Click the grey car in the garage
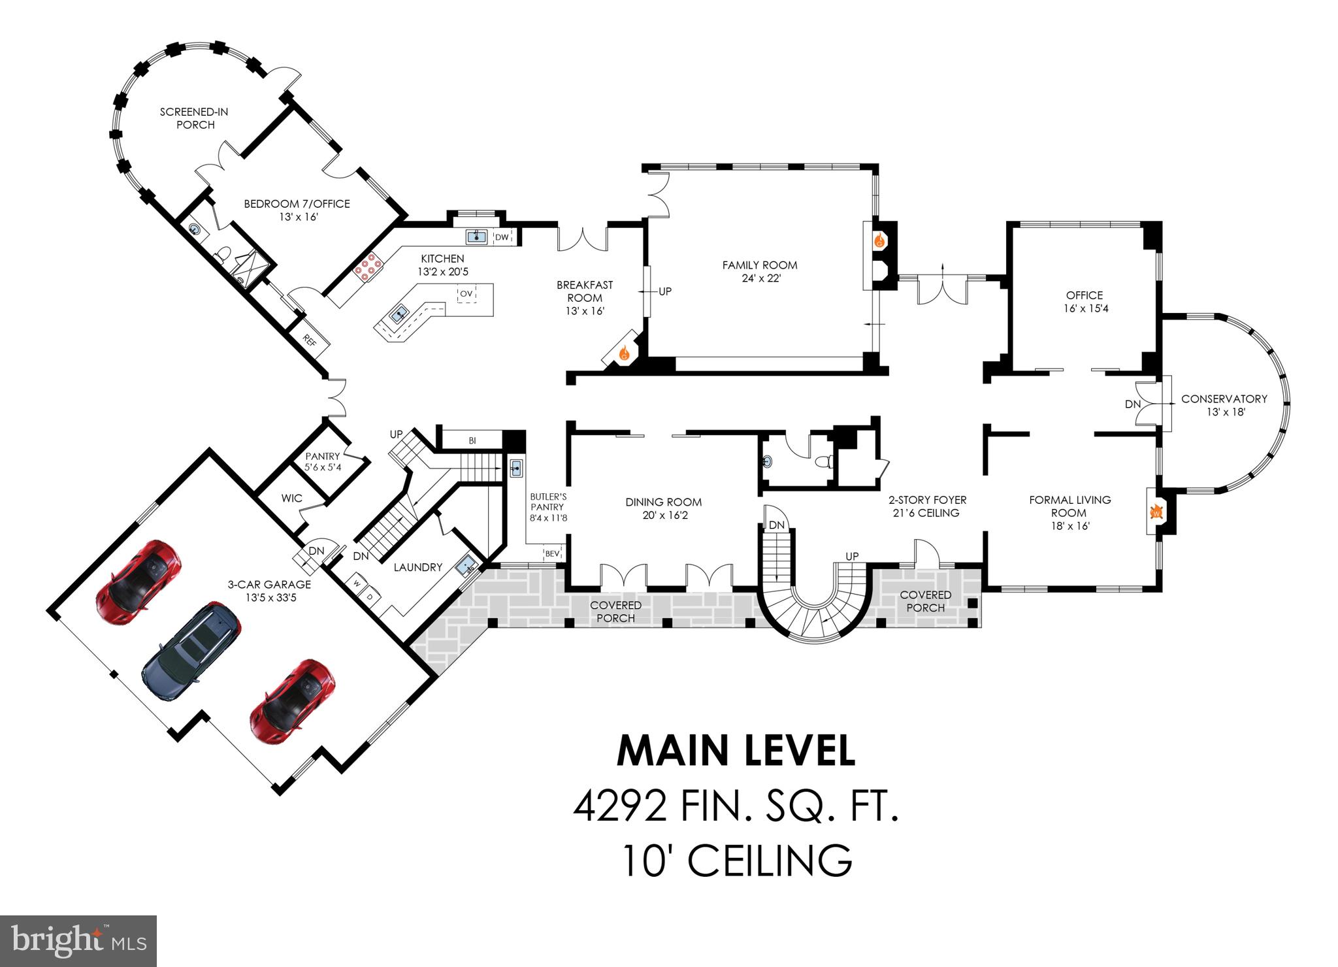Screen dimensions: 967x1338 coord(191,652)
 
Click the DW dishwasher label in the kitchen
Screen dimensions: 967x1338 coord(501,237)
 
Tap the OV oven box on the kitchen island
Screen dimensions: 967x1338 coord(466,293)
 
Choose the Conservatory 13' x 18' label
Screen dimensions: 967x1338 coord(1224,405)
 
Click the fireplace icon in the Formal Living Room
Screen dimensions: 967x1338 coord(1155,512)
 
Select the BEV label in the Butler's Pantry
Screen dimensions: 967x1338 coord(552,553)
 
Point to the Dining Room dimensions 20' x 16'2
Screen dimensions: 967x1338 coord(663,516)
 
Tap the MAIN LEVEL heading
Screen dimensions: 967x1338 coord(736,751)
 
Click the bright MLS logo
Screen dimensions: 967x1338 coord(78,941)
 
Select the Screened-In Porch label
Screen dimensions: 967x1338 coord(195,118)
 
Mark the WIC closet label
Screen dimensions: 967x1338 coord(291,498)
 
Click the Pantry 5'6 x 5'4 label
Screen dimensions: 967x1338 coord(323,462)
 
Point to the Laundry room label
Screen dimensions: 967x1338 coord(417,567)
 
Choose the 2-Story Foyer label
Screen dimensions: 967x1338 coord(926,506)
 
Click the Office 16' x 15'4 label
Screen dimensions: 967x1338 coord(1084,302)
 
